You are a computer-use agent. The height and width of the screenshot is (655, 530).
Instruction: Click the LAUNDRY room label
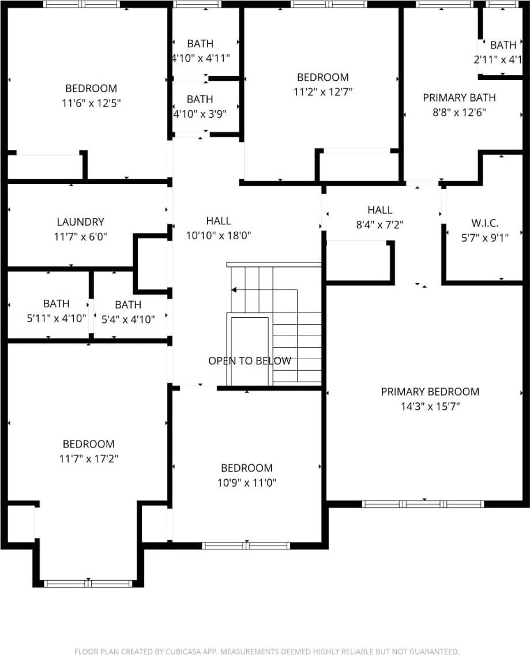80,222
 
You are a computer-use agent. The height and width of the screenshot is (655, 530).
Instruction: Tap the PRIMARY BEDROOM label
430,392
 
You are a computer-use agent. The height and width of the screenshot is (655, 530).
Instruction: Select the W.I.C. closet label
484,223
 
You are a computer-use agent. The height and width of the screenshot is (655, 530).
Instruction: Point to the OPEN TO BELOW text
249,361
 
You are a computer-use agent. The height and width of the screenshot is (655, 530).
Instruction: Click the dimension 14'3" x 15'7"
430,406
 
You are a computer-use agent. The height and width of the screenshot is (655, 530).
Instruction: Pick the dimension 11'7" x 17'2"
88,459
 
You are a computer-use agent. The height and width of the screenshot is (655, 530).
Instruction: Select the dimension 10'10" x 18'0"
219,235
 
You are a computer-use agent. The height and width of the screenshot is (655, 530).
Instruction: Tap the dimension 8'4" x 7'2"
379,225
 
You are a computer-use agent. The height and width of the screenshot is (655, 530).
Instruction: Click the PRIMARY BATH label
459,98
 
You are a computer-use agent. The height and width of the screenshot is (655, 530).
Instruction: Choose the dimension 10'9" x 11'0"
247,483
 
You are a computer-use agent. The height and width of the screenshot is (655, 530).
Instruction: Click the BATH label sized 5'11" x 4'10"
56,304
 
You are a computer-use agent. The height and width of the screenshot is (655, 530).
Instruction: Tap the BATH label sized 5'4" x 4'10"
127,304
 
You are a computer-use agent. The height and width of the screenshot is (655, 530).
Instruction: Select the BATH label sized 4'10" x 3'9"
200,100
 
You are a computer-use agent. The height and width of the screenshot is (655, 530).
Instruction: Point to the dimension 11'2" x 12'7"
322,92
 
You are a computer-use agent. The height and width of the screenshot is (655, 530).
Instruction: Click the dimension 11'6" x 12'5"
91,103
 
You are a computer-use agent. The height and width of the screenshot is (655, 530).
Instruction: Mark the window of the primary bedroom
423,504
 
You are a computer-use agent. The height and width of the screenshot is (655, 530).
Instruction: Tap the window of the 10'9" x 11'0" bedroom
246,545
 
